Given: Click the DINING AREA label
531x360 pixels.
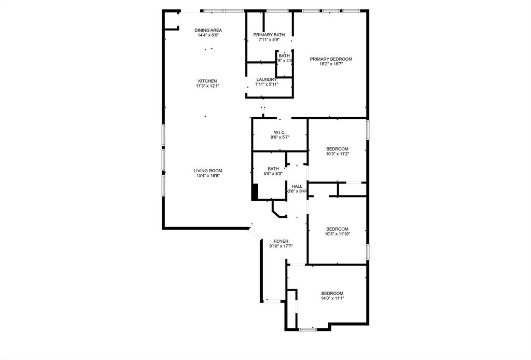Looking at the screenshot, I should [x=208, y=30].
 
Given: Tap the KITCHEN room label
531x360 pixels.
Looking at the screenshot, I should [x=207, y=81].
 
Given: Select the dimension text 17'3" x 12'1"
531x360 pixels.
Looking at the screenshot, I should [x=207, y=86].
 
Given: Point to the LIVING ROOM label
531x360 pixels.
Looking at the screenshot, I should [x=208, y=171].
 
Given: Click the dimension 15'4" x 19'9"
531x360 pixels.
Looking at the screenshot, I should [x=208, y=176].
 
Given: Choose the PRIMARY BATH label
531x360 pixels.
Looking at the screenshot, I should [x=269, y=35].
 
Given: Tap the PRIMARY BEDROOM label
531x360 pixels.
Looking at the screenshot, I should [x=331, y=59].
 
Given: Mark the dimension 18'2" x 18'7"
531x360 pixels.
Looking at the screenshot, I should [x=331, y=64].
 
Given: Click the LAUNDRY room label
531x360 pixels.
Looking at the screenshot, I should [x=267, y=79].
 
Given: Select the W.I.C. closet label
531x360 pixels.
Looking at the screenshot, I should [x=280, y=132].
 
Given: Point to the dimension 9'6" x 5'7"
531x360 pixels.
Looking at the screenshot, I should [x=280, y=137].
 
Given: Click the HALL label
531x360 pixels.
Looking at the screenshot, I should [x=297, y=186].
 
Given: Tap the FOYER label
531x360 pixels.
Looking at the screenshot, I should [x=281, y=241].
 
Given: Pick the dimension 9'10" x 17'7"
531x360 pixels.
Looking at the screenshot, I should [x=281, y=246].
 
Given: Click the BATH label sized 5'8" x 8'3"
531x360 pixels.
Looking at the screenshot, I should [x=273, y=169].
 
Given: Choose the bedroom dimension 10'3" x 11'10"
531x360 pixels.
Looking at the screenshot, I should [x=337, y=234].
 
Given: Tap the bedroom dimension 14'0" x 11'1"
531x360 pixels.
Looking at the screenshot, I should [x=332, y=298].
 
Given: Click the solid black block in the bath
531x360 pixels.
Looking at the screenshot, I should [x=255, y=191].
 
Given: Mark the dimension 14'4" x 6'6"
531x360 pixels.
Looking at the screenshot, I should [x=208, y=35].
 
